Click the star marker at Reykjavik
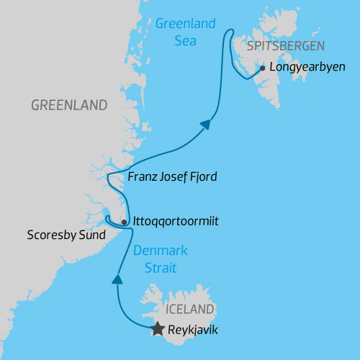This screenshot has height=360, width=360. point(158,330)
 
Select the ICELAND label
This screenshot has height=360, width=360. point(190,310)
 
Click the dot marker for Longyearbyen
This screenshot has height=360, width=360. point(262,69)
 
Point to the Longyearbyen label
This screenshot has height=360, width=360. point(307,68)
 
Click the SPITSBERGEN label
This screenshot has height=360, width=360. point(286,46)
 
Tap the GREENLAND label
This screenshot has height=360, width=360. point(69,105)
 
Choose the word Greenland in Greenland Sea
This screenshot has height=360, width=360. point(185,24)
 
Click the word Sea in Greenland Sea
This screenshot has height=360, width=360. point(185,40)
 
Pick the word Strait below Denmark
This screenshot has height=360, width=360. point(159,268)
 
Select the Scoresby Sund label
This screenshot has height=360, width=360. point(66,235)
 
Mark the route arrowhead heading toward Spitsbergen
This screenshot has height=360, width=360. point(207,125)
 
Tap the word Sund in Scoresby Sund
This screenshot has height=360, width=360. point(93,235)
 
